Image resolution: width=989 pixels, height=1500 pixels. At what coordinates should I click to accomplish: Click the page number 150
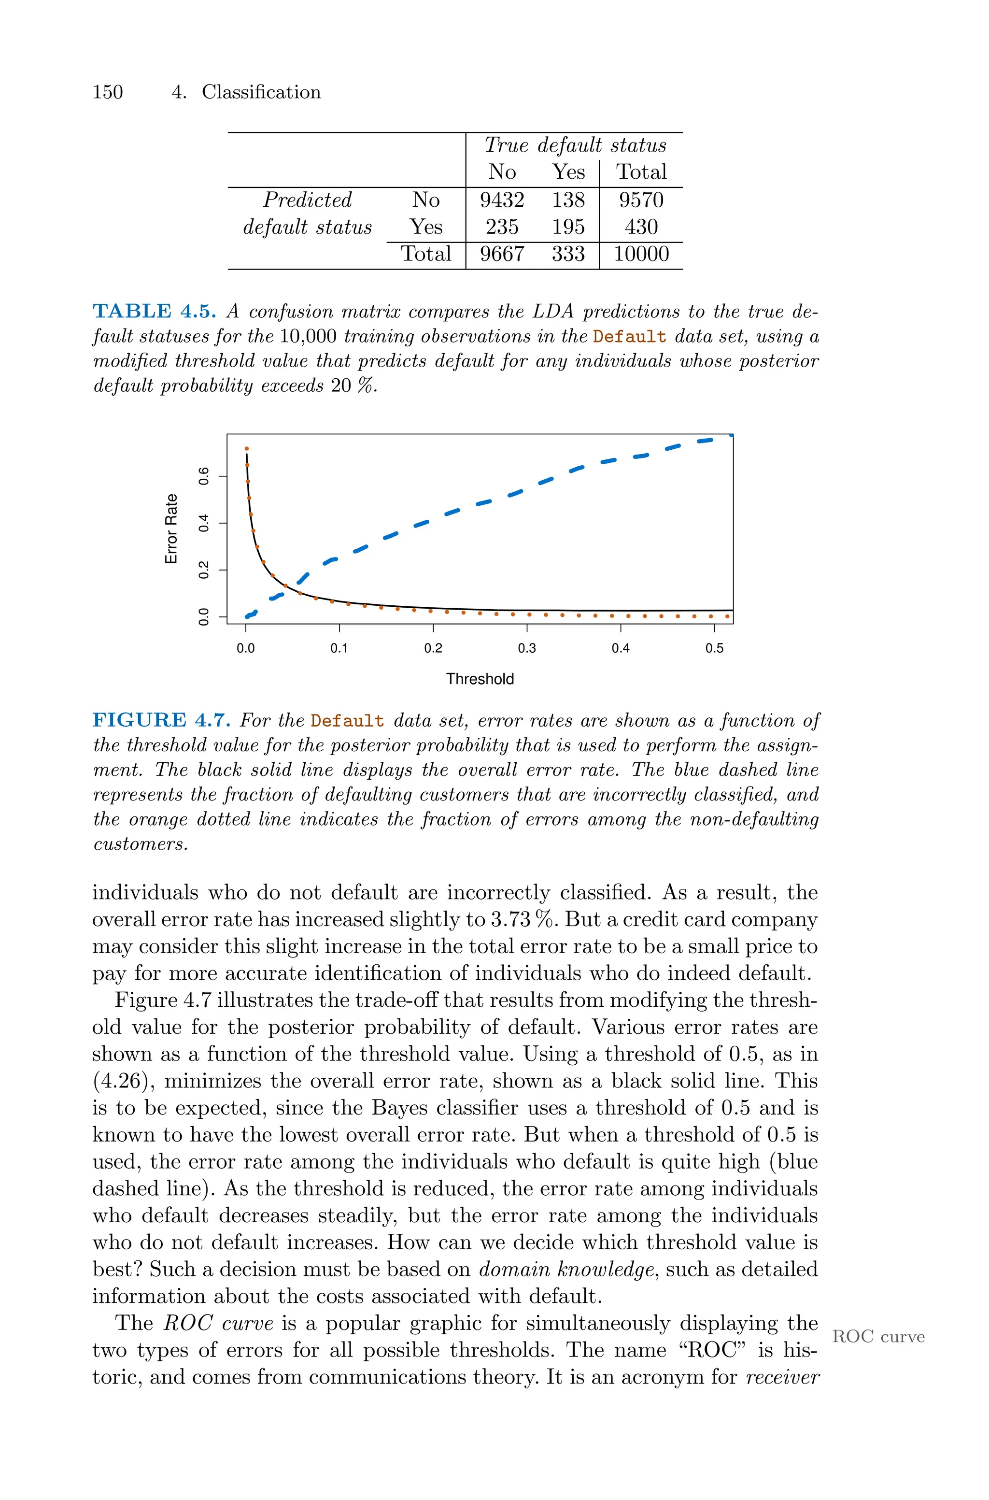pyautogui.click(x=107, y=92)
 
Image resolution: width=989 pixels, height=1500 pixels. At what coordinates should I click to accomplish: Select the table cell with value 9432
pyautogui.click(x=501, y=200)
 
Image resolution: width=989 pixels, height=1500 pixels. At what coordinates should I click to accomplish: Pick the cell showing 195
pyautogui.click(x=568, y=227)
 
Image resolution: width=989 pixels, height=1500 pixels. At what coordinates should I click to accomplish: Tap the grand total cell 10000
pyautogui.click(x=641, y=254)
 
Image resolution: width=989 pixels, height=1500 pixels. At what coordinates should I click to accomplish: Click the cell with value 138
pyautogui.click(x=568, y=200)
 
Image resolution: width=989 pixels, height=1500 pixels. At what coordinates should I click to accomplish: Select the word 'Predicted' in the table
pyautogui.click(x=307, y=200)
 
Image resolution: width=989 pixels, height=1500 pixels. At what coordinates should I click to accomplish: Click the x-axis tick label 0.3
pyautogui.click(x=527, y=648)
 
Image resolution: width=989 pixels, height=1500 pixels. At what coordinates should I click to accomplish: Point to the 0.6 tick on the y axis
pyautogui.click(x=204, y=476)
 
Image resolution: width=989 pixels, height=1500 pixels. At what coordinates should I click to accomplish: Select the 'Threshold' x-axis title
pyautogui.click(x=480, y=679)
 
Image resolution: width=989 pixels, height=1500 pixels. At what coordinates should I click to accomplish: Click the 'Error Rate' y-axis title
pyautogui.click(x=171, y=529)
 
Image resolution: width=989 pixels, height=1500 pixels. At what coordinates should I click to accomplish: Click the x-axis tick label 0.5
pyautogui.click(x=714, y=648)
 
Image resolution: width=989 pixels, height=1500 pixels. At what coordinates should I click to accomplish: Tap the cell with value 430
pyautogui.click(x=641, y=227)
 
